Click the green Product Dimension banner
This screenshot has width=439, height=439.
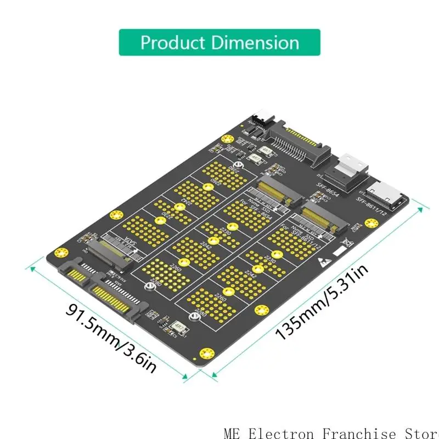coord(219,42)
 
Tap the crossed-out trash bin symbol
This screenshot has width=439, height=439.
coord(346,242)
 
